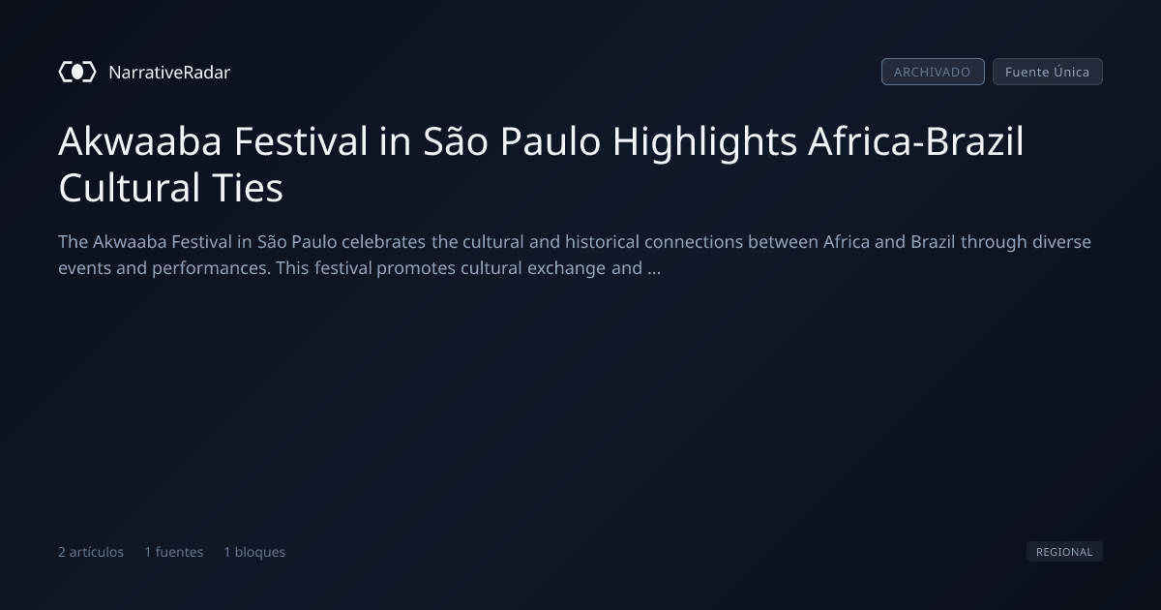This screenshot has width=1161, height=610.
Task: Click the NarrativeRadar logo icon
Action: point(77,72)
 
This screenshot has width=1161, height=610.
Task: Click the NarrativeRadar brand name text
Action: point(169,73)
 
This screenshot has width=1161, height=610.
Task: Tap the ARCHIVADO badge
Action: point(933,72)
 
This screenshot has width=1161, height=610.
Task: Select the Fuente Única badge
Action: point(1048,72)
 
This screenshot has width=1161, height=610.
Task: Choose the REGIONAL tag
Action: point(1064,552)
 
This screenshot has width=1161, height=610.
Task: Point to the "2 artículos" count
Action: point(91,552)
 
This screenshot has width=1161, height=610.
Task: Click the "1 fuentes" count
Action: point(173,552)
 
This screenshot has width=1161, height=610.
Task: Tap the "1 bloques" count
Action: point(254,552)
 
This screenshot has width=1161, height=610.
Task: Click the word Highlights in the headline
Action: point(705,142)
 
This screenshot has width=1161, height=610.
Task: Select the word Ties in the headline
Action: point(248,188)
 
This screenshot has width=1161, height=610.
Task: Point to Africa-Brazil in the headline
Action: point(916,141)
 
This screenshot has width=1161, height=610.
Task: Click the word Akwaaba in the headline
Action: point(140,141)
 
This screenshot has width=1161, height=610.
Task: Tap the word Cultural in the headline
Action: point(129,188)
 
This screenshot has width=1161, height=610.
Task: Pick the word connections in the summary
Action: point(694,242)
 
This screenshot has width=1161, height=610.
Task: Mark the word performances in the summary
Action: point(212,269)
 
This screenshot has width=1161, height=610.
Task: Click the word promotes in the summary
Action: point(416,269)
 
